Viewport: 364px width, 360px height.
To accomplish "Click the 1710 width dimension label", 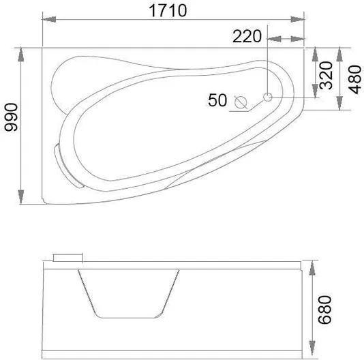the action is tap(168, 10).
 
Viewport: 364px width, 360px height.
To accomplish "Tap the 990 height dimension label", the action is tap(12, 117).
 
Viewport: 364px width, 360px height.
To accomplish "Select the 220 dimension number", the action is tap(247, 36).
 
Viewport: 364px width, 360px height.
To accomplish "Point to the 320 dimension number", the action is tap(326, 76).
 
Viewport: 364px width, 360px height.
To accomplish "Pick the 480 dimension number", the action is tap(354, 80).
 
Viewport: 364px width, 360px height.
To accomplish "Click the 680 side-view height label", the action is tap(324, 310).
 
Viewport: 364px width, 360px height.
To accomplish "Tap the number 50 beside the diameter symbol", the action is tap(217, 100).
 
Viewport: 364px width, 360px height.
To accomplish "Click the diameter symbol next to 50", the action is tap(241, 102).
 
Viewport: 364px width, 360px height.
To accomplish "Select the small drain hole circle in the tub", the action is tap(268, 97).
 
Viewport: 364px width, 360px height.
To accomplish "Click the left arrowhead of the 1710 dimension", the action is tap(49, 19).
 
